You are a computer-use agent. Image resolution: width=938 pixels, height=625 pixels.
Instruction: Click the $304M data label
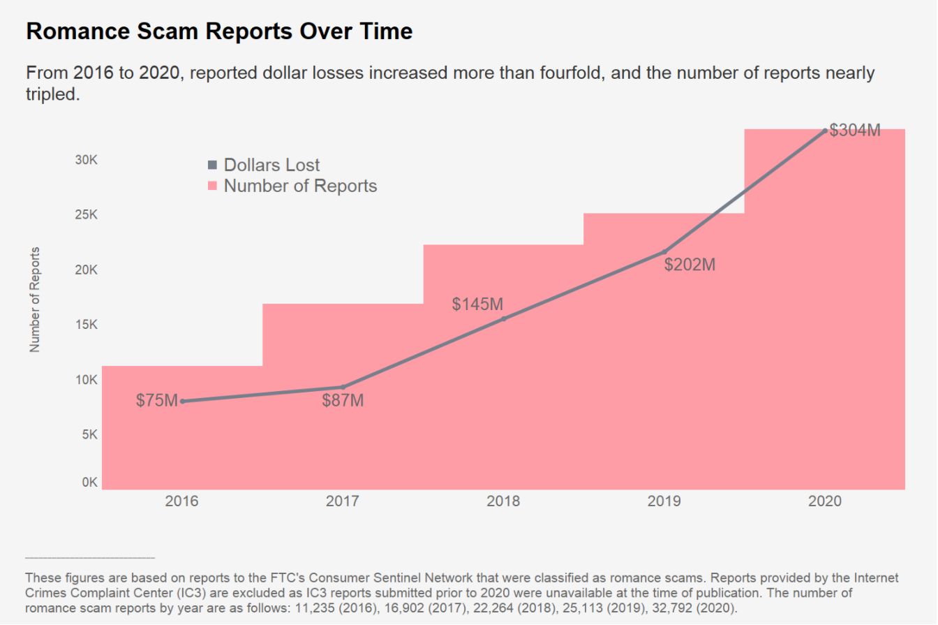(855, 130)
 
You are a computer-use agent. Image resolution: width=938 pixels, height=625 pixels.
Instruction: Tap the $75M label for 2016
(157, 401)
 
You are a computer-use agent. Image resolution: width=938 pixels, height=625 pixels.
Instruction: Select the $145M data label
(477, 304)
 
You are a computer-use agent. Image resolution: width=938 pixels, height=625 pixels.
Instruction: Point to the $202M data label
(690, 265)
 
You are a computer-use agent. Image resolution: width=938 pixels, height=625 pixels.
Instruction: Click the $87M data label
(343, 401)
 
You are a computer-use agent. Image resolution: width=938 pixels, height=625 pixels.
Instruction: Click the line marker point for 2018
(504, 319)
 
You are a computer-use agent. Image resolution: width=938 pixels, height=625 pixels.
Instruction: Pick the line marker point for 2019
(664, 251)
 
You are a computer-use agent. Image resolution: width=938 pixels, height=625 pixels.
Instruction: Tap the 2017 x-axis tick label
(343, 501)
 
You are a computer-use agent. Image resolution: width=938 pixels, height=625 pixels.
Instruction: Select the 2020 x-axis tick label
(825, 501)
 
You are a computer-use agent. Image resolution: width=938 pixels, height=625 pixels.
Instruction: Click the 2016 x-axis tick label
(181, 501)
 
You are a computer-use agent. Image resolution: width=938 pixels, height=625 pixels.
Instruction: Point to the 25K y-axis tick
(86, 215)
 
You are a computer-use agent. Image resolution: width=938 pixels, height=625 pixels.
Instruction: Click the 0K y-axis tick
(89, 483)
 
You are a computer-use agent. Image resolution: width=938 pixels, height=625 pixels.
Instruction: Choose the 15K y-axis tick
(86, 325)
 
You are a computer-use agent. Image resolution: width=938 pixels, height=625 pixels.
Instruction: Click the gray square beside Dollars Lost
(213, 166)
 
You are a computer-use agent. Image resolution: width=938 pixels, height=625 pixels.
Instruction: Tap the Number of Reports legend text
(300, 186)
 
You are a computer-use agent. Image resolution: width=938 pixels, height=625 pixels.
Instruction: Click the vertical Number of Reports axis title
(36, 299)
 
